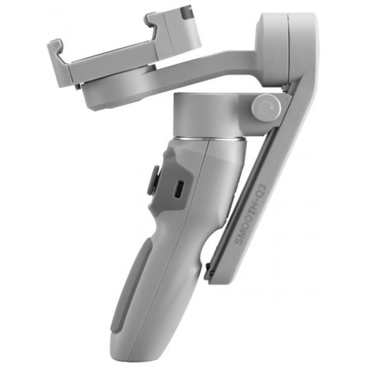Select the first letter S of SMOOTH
[x=239, y=241]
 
